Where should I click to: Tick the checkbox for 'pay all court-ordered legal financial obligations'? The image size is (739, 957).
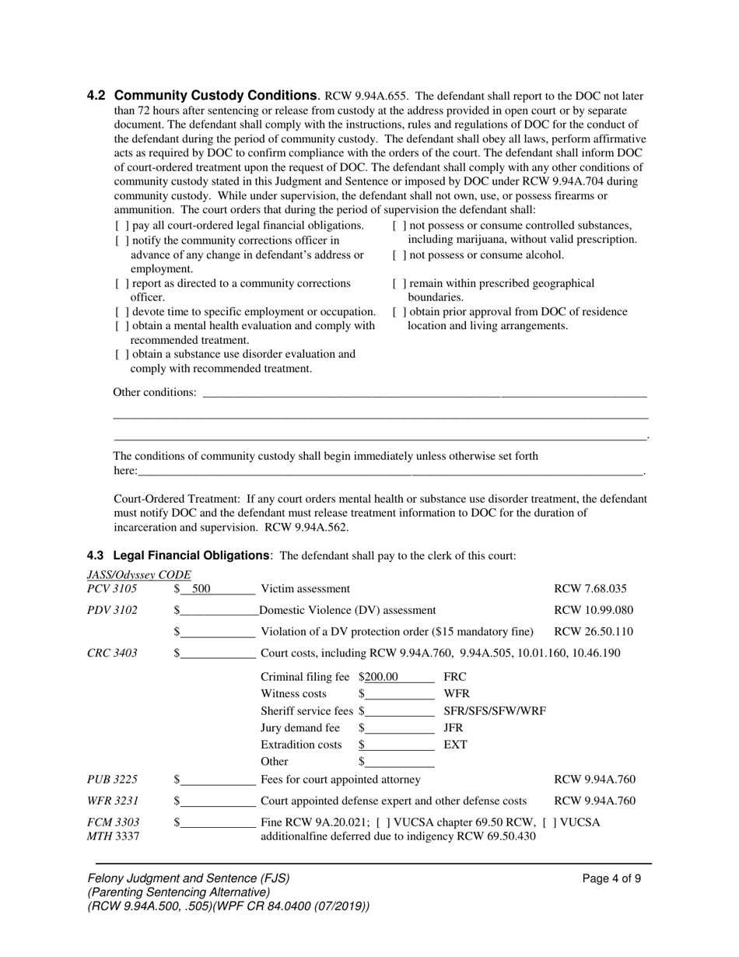click(x=121, y=226)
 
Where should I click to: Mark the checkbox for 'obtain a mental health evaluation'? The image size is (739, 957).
click(x=121, y=326)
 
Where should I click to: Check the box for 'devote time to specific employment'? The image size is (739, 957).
click(x=121, y=312)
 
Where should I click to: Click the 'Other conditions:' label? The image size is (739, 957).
click(x=155, y=392)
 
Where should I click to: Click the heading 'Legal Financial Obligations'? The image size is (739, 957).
click(x=191, y=556)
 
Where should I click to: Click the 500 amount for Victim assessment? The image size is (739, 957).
click(x=201, y=589)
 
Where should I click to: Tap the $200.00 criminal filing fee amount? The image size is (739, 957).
click(x=381, y=677)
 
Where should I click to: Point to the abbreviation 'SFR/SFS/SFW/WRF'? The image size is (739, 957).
click(x=494, y=711)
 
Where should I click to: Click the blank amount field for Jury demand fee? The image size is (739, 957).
click(x=399, y=728)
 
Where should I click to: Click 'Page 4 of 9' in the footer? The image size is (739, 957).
click(x=611, y=879)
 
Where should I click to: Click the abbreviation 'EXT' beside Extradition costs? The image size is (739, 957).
click(x=455, y=745)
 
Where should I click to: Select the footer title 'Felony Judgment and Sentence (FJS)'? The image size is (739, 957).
click(x=188, y=878)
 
